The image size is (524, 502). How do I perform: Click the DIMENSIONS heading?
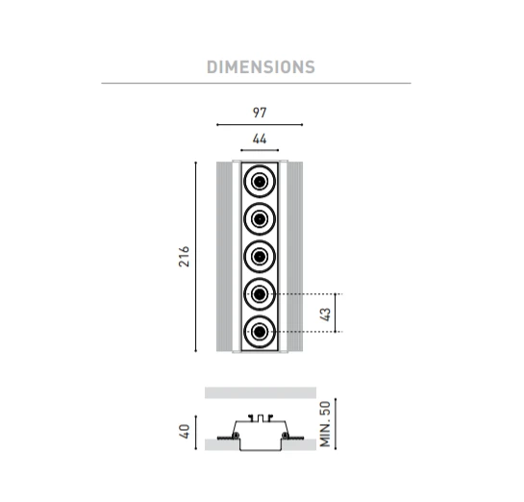tap(261, 67)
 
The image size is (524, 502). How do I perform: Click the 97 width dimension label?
tap(260, 113)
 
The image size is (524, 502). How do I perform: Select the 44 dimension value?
tap(260, 138)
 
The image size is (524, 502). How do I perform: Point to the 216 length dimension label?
tap(184, 257)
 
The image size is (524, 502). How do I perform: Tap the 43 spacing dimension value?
tap(325, 314)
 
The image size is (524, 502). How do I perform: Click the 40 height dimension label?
tap(185, 431)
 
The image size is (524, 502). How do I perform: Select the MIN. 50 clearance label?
tap(325, 424)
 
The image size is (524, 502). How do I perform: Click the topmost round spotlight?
tap(260, 182)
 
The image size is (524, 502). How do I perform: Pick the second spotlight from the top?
tap(260, 219)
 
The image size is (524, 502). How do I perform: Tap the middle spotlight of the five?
tap(260, 257)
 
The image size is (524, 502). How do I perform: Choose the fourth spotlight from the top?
tap(260, 294)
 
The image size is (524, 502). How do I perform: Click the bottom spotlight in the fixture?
tap(260, 332)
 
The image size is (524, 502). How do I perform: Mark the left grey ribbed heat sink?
tap(225, 257)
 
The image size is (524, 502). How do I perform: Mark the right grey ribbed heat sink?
tap(295, 257)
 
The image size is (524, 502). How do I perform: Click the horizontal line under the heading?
tap(257, 83)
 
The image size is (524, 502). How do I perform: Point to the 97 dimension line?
tap(260, 125)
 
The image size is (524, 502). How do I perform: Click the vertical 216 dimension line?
tap(196, 257)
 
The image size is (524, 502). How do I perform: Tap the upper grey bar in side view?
tap(261, 392)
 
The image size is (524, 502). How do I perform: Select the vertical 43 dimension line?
tap(336, 313)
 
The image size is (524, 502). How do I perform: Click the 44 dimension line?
tap(260, 150)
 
